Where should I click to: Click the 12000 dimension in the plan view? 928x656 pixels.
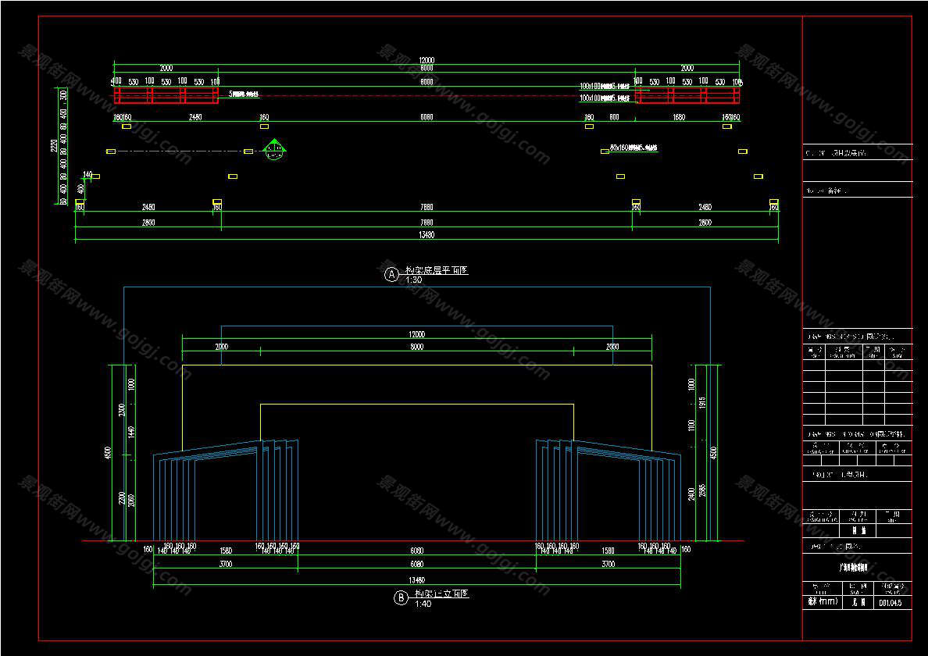click(x=426, y=60)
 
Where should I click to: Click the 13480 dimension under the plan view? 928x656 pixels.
click(x=426, y=234)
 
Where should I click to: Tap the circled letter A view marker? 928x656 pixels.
click(x=391, y=274)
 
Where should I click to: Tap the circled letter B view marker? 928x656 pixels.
click(x=401, y=598)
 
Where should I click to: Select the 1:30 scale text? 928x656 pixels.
click(x=413, y=280)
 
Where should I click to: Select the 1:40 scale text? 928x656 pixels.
click(x=423, y=604)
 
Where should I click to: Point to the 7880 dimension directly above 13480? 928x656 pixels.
click(x=426, y=222)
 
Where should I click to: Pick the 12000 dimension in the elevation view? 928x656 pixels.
click(x=416, y=334)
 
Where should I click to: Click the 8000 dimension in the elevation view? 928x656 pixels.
click(x=416, y=346)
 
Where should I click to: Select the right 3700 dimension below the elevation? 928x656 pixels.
click(x=608, y=564)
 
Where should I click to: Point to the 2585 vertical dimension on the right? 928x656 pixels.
click(x=701, y=490)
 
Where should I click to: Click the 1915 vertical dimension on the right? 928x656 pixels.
click(x=701, y=402)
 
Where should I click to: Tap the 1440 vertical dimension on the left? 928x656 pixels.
click(x=131, y=431)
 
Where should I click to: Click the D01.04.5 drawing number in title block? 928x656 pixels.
click(x=891, y=602)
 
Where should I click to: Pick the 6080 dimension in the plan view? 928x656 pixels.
click(x=427, y=117)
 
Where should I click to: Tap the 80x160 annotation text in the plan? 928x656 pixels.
click(x=634, y=147)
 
